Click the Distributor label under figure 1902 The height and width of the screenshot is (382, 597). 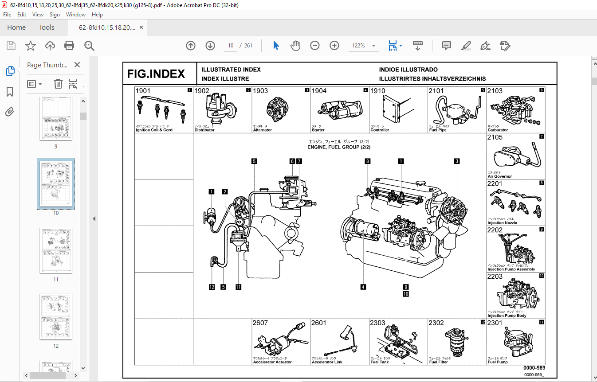[x=204, y=130]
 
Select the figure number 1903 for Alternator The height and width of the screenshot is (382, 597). [x=260, y=91]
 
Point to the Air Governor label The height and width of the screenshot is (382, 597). [x=499, y=176]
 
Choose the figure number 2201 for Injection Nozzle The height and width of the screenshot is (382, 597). [x=495, y=184]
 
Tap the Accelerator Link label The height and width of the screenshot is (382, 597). [x=327, y=362]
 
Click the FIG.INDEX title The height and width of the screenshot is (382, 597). [x=156, y=74]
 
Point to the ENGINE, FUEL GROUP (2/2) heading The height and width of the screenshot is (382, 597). [x=339, y=147]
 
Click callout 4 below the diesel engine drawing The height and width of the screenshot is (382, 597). [x=363, y=287]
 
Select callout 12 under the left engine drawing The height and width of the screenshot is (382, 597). [x=212, y=287]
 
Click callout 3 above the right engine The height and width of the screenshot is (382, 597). [x=456, y=161]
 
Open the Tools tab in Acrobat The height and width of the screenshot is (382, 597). [x=47, y=27]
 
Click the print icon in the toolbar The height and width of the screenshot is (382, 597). [x=69, y=46]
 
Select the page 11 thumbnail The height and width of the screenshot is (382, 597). [x=56, y=251]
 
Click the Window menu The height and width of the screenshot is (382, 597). [x=75, y=15]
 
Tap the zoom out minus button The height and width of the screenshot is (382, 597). [x=315, y=46]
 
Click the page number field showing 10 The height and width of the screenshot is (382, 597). [x=231, y=46]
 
